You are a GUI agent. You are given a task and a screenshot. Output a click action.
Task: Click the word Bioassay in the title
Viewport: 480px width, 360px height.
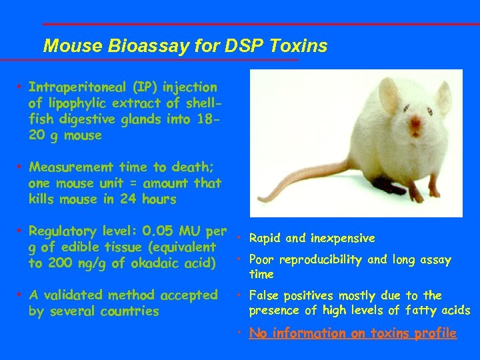coord(133,46)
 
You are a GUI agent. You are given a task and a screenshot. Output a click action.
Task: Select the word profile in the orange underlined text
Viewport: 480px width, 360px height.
coord(435,333)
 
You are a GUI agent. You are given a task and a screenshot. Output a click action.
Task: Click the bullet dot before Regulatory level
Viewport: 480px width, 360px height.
coord(21,231)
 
